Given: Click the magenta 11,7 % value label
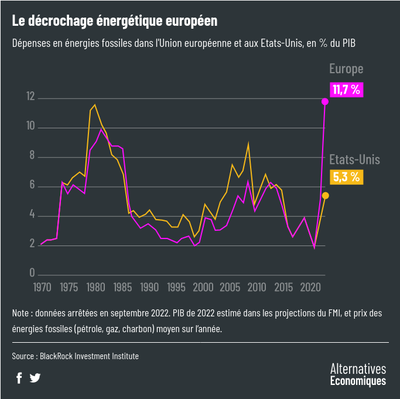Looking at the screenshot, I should point(346,90).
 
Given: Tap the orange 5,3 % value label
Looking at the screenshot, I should point(347,177).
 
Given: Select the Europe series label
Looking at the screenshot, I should point(346,69).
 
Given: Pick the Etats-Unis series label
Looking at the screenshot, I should point(354,159).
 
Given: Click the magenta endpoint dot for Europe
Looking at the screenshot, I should point(325,102).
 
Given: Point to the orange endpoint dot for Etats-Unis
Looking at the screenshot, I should point(326,196).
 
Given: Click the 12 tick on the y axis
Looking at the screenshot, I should point(30,97).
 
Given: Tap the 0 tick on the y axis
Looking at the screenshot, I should point(33,274).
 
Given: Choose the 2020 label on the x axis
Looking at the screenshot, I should point(310,287).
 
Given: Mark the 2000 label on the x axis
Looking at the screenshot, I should point(203,287).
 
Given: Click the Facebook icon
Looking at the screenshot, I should point(19,378).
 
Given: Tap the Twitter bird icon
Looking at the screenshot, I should point(35,378).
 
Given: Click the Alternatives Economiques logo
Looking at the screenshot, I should point(358,374).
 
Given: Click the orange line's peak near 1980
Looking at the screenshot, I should point(95,105).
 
